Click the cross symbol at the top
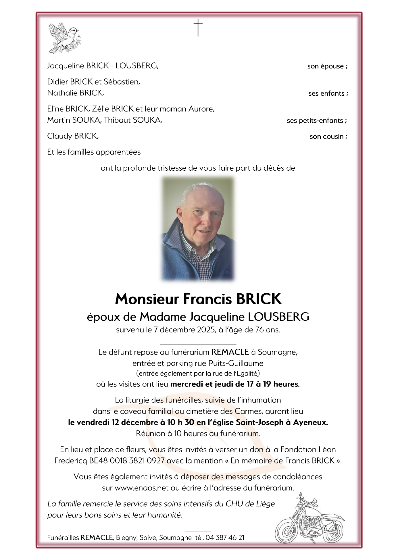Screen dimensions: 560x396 (x=198, y=28)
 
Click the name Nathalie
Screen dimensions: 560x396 (x=59, y=93)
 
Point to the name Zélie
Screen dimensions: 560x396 (x=101, y=109)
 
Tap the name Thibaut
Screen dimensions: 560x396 (x=117, y=120)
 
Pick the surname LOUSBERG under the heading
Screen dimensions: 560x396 (x=278, y=317)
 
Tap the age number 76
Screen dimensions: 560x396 (x=259, y=330)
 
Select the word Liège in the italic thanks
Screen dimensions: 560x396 (x=264, y=504)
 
